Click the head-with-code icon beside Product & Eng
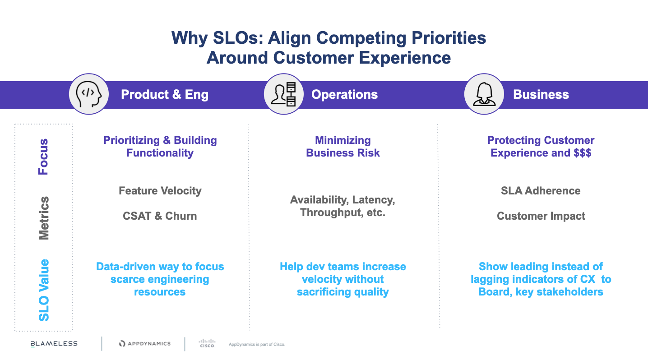tap(89, 94)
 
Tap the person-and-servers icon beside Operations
tap(283, 94)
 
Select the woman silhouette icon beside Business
tap(484, 94)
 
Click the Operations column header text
tap(345, 95)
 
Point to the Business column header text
tap(541, 95)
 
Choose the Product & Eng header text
tap(165, 95)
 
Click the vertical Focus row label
tap(43, 157)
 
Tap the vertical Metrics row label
tap(44, 218)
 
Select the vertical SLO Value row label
tap(44, 290)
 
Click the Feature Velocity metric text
tap(160, 191)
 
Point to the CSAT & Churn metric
tap(160, 216)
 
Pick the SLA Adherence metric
tap(541, 191)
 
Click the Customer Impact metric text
tap(541, 216)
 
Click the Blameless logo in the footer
tap(54, 343)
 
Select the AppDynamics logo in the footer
tap(145, 343)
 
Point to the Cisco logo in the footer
tap(207, 343)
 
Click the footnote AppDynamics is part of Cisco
tap(257, 344)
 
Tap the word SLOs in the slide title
tap(238, 38)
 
